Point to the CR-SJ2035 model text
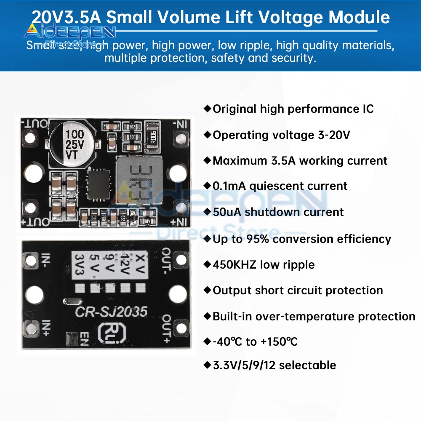pyautogui.click(x=111, y=312)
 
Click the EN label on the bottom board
pyautogui.click(x=84, y=339)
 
